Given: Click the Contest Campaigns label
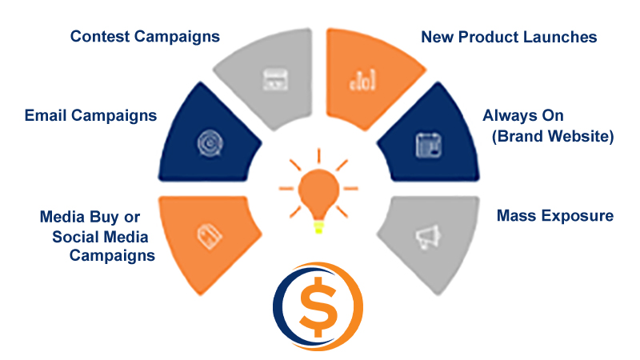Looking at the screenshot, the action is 145,37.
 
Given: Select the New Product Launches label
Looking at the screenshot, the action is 509,37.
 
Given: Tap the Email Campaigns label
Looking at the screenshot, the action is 90,116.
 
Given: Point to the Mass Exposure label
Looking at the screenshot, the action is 555,216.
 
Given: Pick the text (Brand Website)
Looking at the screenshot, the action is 553,136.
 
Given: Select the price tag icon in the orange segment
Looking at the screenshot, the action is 210,237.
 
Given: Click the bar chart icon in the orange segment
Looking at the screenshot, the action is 362,80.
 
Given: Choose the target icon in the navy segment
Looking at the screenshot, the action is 210,143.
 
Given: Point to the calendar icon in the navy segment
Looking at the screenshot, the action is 429,145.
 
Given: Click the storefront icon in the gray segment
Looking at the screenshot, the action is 274,79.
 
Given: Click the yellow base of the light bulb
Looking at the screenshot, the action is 318,227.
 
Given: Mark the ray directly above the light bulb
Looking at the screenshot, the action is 318,156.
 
